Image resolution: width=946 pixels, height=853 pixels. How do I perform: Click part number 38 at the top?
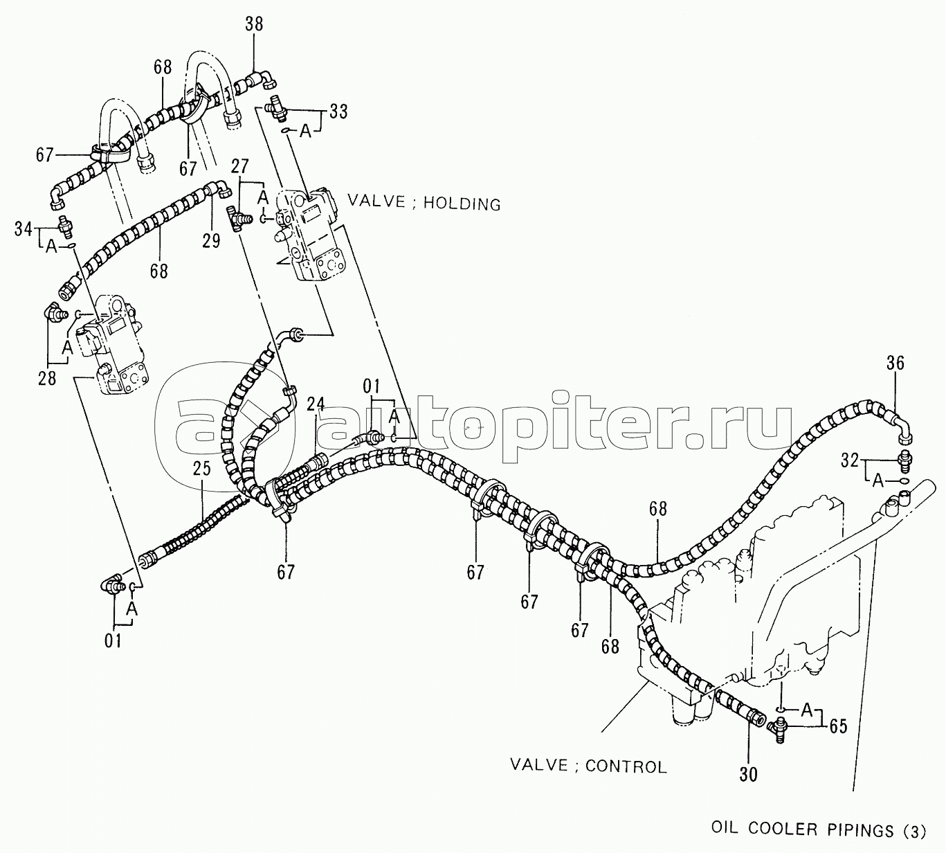pyautogui.click(x=254, y=25)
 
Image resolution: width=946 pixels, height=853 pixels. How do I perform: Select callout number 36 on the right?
pyautogui.click(x=895, y=363)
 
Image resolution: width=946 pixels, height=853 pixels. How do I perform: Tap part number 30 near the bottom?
pyautogui.click(x=749, y=774)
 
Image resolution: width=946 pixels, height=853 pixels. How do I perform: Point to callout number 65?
pyautogui.click(x=838, y=728)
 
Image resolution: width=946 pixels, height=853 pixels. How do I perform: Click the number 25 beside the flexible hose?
pyautogui.click(x=201, y=469)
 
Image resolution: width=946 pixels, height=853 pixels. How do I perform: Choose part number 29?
pyautogui.click(x=211, y=240)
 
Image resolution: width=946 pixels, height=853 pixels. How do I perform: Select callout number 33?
pyautogui.click(x=338, y=111)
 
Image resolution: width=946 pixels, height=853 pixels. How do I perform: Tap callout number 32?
pyautogui.click(x=851, y=460)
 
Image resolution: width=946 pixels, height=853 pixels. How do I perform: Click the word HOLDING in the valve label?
pyautogui.click(x=462, y=204)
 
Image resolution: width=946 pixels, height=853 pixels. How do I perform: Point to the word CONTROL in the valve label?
pyautogui.click(x=626, y=766)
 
